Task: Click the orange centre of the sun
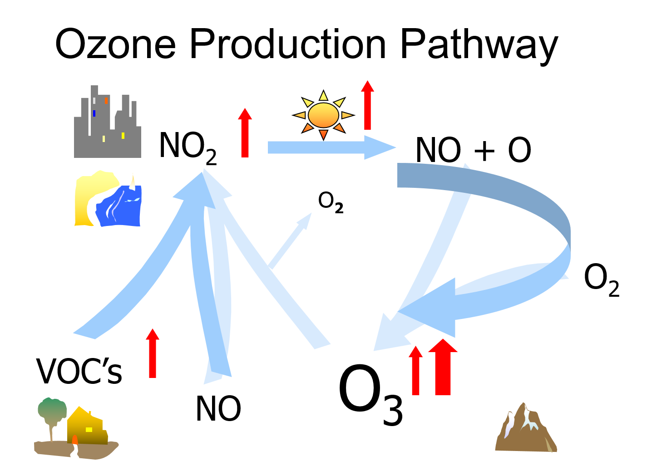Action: click(x=323, y=115)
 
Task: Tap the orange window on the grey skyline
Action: click(x=106, y=101)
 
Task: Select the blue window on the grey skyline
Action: click(x=94, y=113)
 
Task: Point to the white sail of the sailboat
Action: click(x=133, y=182)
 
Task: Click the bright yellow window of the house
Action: click(x=89, y=430)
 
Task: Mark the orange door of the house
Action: click(x=75, y=440)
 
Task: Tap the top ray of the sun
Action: click(x=323, y=96)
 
